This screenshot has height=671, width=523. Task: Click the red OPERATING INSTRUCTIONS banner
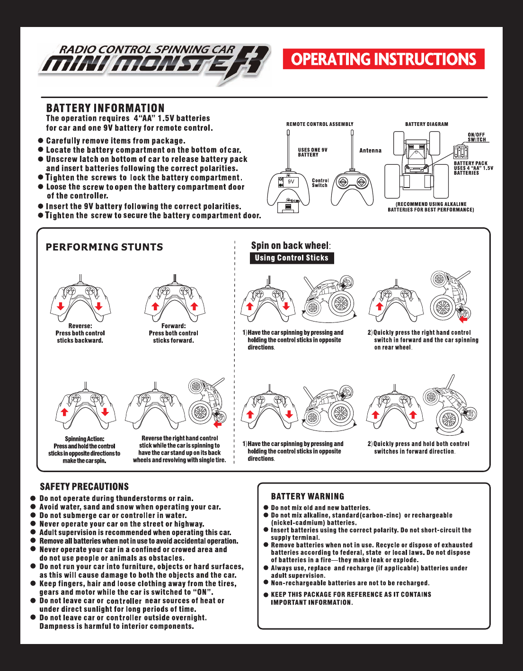coord(383,59)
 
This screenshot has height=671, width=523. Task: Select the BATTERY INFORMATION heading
coord(105,108)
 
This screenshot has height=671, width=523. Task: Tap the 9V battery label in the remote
coord(291,181)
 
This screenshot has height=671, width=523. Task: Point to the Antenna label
coord(370,151)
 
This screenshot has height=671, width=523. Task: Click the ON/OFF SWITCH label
coord(477,137)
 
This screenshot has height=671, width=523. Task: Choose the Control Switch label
coord(320,183)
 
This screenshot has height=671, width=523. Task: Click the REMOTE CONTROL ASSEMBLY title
coord(319,124)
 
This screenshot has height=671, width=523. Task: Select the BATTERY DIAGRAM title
coord(426,124)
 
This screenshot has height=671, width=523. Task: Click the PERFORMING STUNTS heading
coord(104,247)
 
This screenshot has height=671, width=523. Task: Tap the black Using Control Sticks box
coord(292,258)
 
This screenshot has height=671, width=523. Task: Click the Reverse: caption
coord(80,326)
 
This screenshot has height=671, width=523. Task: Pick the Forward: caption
coord(173,326)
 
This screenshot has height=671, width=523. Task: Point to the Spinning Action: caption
coord(84,439)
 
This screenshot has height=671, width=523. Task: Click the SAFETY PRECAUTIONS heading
coord(84,487)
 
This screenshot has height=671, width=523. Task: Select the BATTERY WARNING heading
coord(308,496)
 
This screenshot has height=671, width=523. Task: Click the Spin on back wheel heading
coord(290,245)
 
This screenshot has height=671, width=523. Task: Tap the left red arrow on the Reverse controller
coord(61,306)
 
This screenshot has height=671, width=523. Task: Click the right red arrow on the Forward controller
coord(194,306)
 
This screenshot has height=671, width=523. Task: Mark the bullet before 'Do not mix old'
coord(266,508)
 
